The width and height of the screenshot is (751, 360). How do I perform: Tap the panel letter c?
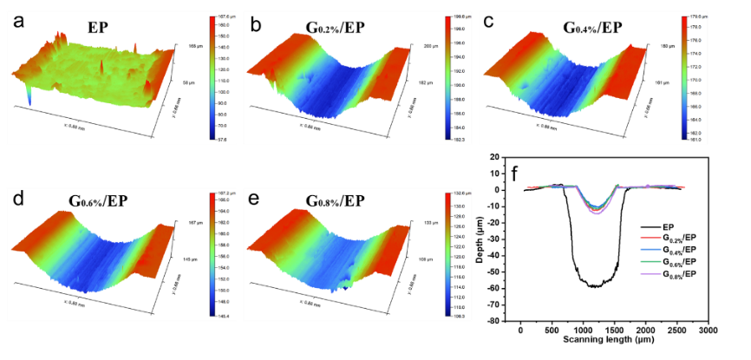click(x=489, y=22)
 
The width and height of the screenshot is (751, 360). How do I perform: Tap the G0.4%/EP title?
click(x=555, y=26)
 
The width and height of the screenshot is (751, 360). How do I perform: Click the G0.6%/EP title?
click(x=99, y=201)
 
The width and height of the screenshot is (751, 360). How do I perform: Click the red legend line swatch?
click(x=651, y=237)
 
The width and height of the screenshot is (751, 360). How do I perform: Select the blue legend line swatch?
click(x=651, y=249)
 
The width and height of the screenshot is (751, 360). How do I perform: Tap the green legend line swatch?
click(x=651, y=261)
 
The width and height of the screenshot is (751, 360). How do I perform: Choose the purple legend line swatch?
click(x=651, y=273)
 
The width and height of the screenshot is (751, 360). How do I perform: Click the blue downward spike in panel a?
click(x=30, y=99)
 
